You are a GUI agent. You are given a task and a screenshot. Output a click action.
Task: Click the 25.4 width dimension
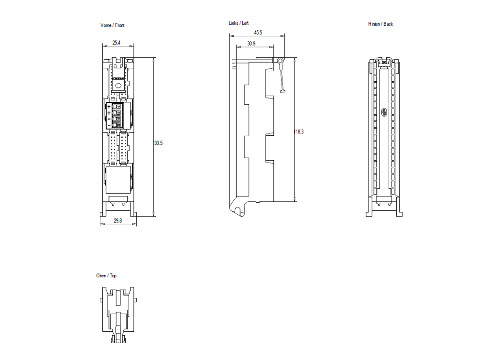pyautogui.click(x=116, y=43)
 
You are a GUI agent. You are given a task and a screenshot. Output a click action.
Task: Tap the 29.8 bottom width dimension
pyautogui.click(x=118, y=221)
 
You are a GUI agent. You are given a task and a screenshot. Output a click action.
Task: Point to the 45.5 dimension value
pyautogui.click(x=258, y=33)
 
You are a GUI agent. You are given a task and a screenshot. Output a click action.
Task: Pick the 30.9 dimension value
pyautogui.click(x=251, y=44)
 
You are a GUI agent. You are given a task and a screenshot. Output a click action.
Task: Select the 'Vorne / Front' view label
pyautogui.click(x=112, y=25)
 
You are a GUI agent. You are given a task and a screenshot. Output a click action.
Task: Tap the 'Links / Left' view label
pyautogui.click(x=239, y=23)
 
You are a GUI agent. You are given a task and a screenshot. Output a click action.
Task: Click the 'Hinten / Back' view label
pyautogui.click(x=380, y=24)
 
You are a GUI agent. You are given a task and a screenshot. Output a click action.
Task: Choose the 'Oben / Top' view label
pyautogui.click(x=106, y=276)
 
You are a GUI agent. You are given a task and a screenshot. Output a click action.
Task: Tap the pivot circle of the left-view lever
pyautogui.click(x=281, y=61)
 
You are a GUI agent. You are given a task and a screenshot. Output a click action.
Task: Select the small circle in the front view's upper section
pyautogui.click(x=118, y=86)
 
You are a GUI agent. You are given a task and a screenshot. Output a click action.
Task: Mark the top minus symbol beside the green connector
pyautogui.click(x=109, y=119)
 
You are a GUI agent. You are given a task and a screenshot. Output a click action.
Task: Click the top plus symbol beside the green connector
pyautogui.click(x=109, y=106)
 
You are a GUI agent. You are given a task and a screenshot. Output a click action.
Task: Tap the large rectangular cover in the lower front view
pyautogui.click(x=118, y=179)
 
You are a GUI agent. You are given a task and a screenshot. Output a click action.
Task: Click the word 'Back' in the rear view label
pyautogui.click(x=388, y=24)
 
